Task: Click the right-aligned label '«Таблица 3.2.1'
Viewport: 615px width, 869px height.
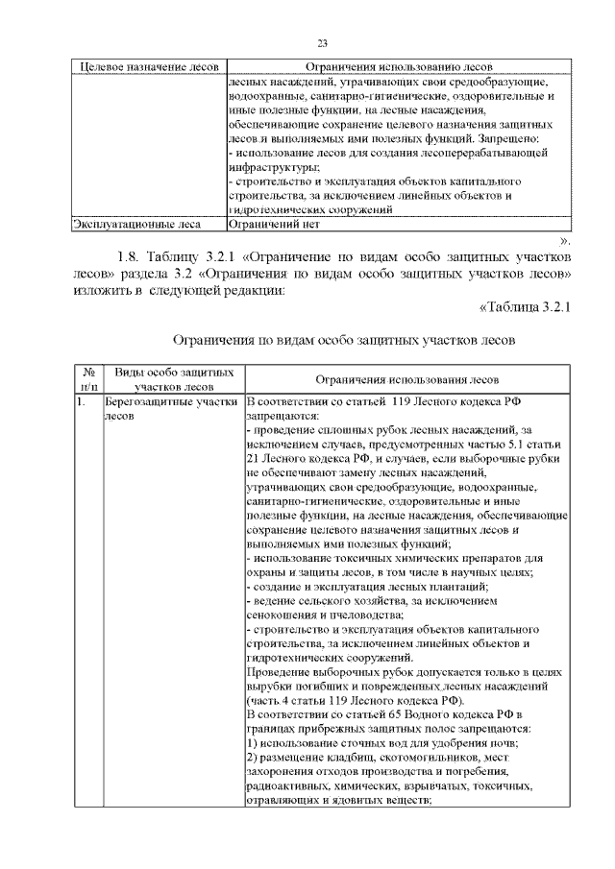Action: click(525, 307)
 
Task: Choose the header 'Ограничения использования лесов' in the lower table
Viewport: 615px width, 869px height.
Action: click(406, 379)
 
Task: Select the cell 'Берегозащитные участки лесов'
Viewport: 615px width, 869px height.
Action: click(170, 410)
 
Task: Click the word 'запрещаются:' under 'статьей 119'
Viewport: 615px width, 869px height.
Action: click(278, 418)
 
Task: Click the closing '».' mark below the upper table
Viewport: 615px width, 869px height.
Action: click(565, 240)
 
